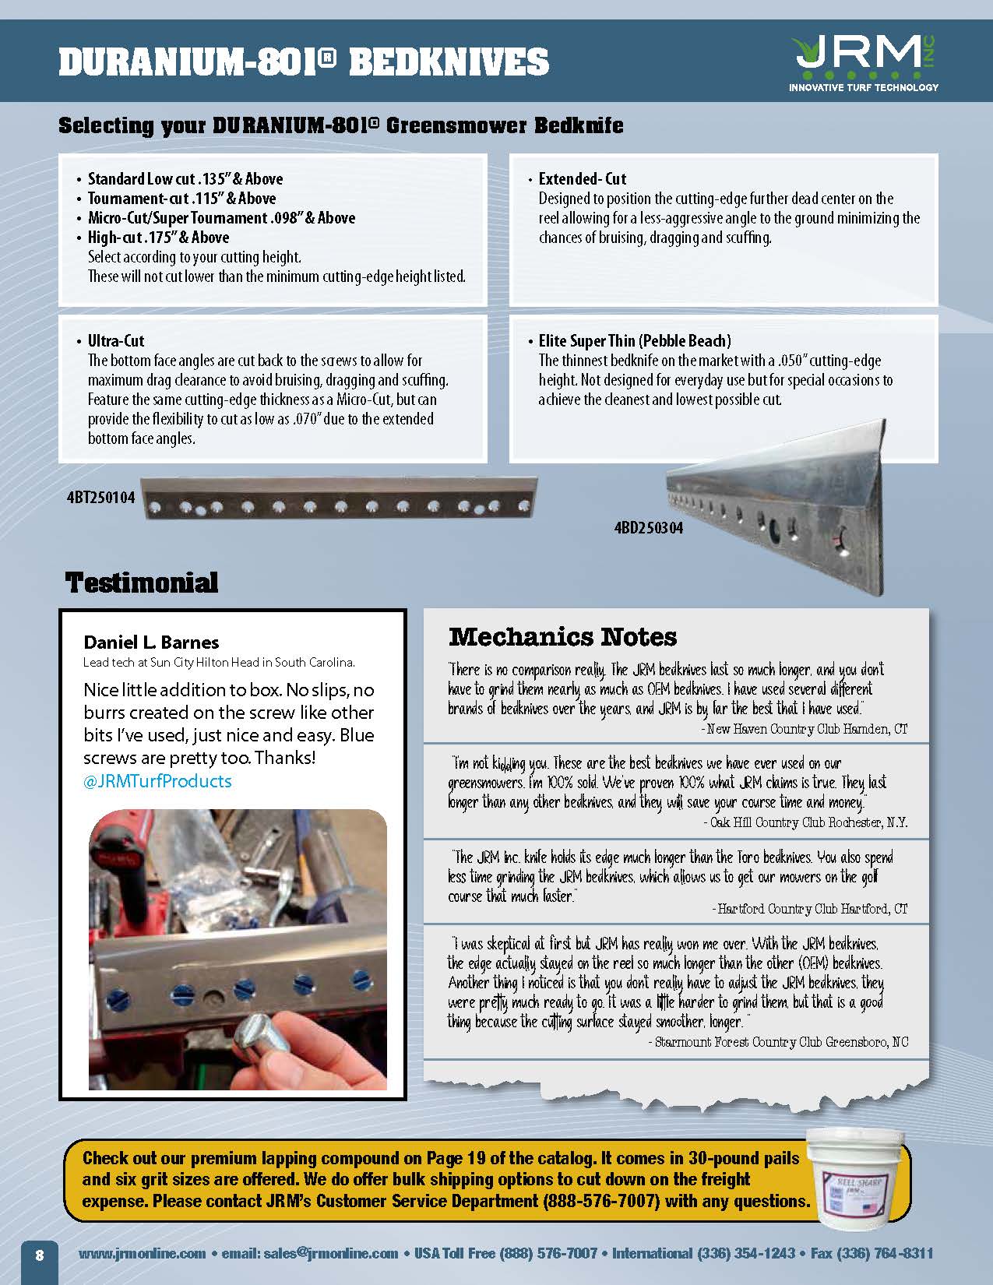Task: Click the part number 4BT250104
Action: pyautogui.click(x=100, y=498)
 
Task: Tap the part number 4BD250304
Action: pyautogui.click(x=648, y=528)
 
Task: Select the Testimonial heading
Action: pyautogui.click(x=141, y=583)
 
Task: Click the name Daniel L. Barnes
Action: pyautogui.click(x=151, y=642)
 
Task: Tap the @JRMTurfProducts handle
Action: pyautogui.click(x=157, y=781)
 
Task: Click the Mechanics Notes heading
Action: pyautogui.click(x=562, y=637)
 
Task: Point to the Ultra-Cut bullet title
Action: pyautogui.click(x=116, y=341)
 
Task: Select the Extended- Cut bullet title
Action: pyautogui.click(x=583, y=178)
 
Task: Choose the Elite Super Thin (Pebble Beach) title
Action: pyautogui.click(x=635, y=341)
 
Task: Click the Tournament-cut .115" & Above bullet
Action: pyautogui.click(x=181, y=199)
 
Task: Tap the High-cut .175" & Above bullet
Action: pyautogui.click(x=158, y=238)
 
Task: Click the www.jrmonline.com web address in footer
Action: pyautogui.click(x=142, y=1254)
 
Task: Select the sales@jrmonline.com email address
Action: pyautogui.click(x=331, y=1254)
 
